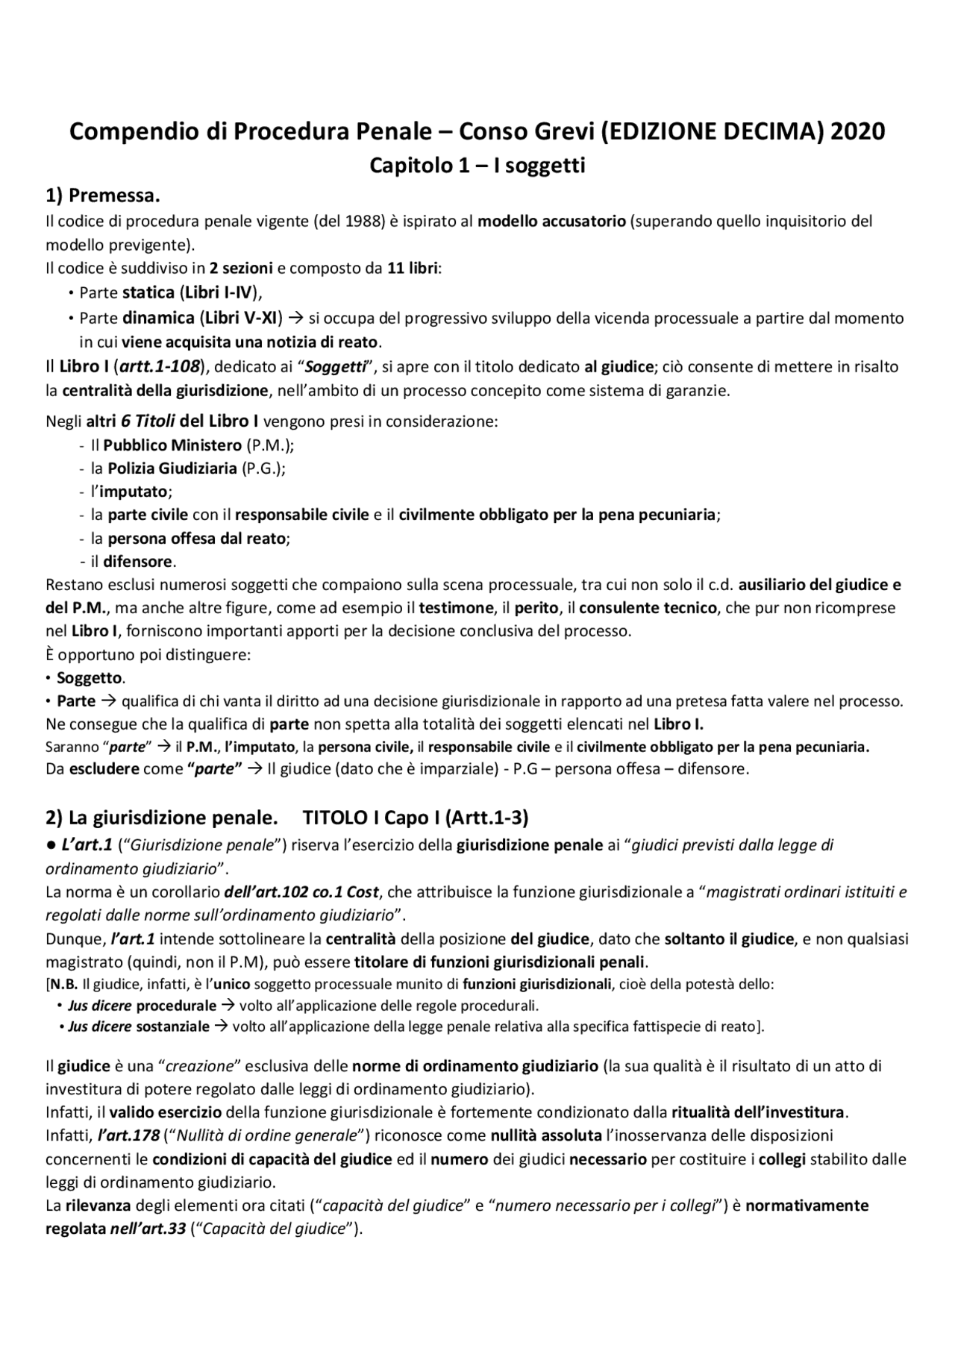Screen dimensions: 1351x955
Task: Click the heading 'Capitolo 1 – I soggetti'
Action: pos(477,165)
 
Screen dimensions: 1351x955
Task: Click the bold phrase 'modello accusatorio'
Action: pos(551,221)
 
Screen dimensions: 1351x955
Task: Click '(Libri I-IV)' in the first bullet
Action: pos(219,292)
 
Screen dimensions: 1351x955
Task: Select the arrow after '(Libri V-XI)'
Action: pos(295,319)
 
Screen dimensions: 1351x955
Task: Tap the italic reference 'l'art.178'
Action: pos(128,1135)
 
